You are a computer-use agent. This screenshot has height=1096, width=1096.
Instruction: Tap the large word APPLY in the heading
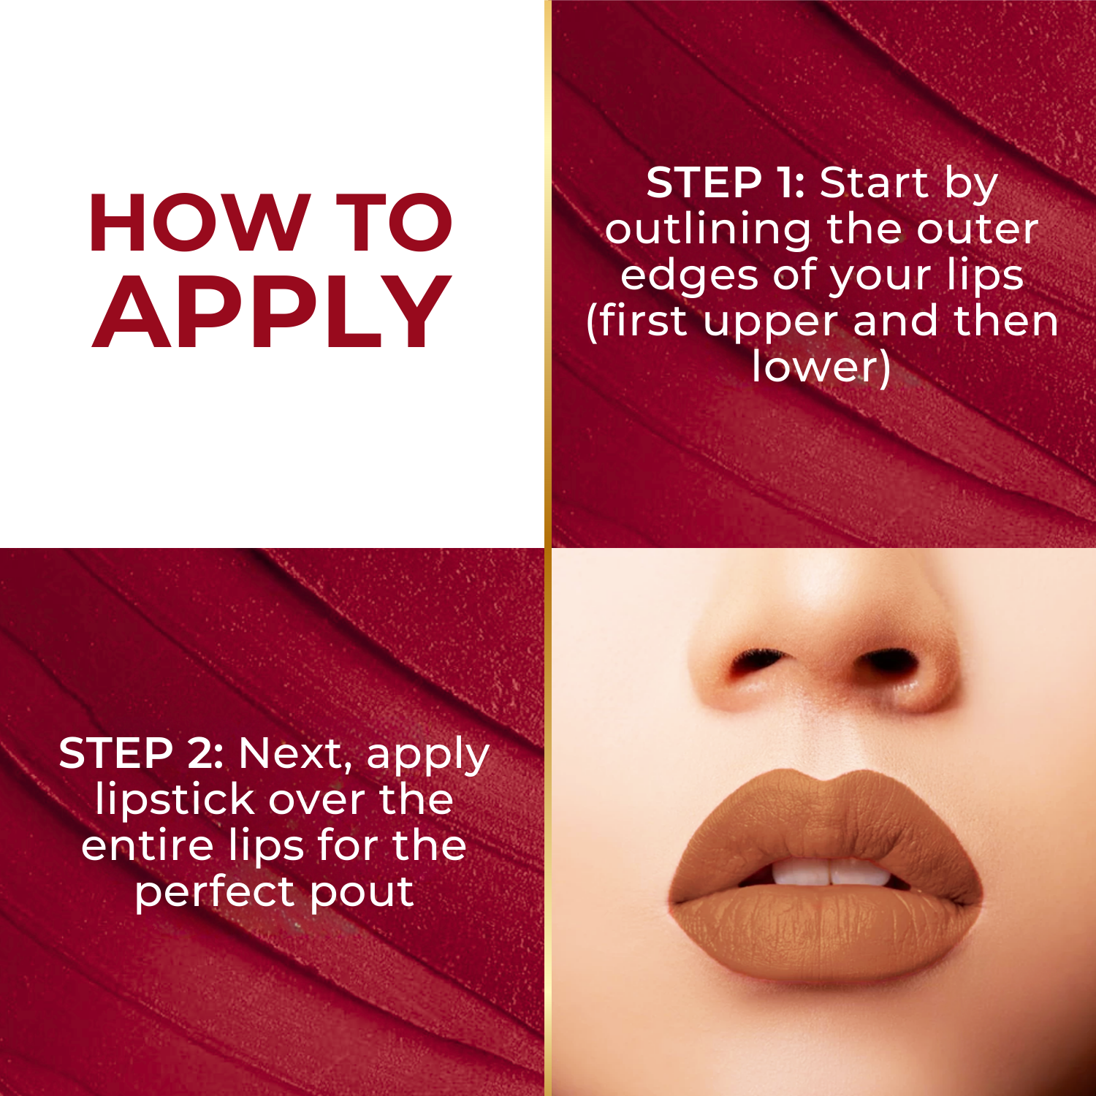pyautogui.click(x=272, y=314)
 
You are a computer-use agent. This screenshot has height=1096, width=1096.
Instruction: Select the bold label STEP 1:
pyautogui.click(x=725, y=183)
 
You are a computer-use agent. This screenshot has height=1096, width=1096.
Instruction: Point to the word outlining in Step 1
pyautogui.click(x=707, y=231)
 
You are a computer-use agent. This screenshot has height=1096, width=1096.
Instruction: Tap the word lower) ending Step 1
pyautogui.click(x=822, y=367)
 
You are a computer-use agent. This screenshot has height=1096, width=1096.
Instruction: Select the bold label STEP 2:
pyautogui.click(x=141, y=753)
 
